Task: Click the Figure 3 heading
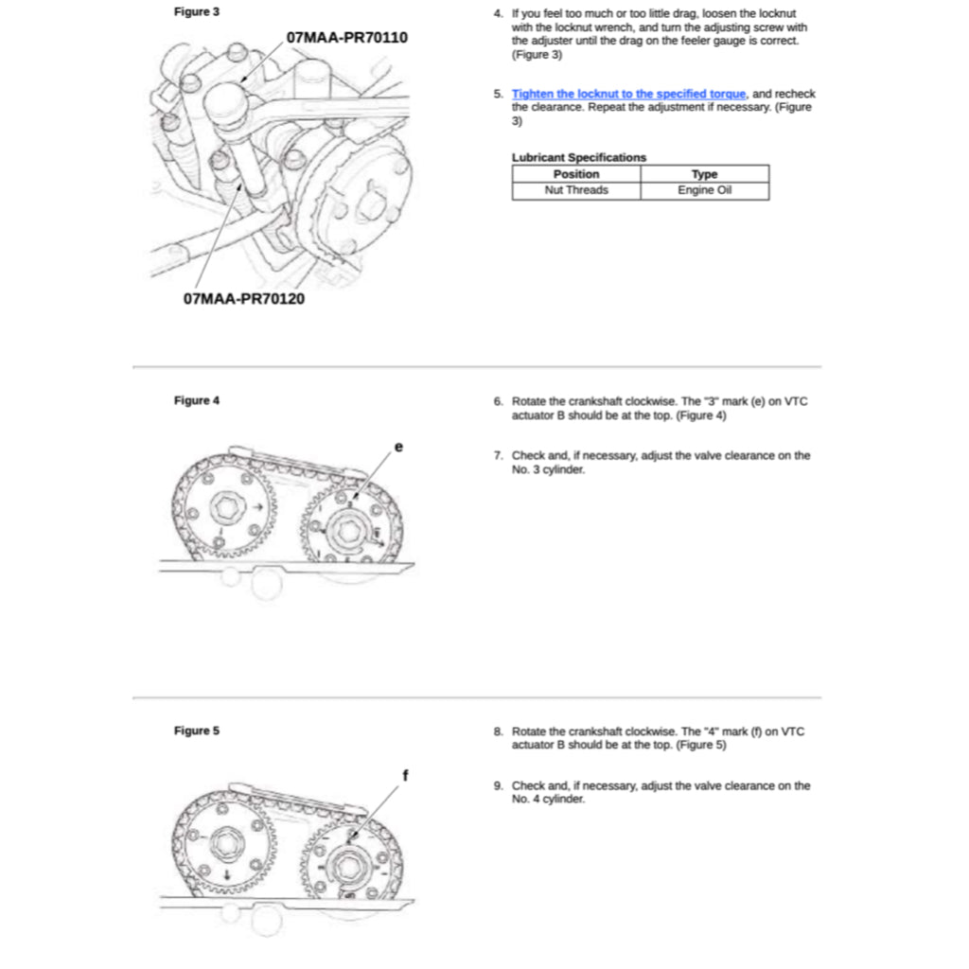point(197,12)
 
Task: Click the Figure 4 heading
point(197,400)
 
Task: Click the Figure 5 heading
point(197,731)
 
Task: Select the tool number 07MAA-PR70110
point(346,38)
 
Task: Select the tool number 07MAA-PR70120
point(244,299)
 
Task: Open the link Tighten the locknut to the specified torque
point(629,94)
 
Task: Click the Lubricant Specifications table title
point(579,157)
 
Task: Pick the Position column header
point(576,174)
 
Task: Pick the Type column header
point(704,174)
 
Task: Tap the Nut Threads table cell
point(576,190)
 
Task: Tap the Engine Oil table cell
point(704,190)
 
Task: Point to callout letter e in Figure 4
point(398,445)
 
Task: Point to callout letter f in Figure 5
point(405,775)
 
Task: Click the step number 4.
point(498,14)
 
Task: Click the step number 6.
point(498,401)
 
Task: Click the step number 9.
point(498,785)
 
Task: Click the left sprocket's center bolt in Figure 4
point(227,508)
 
